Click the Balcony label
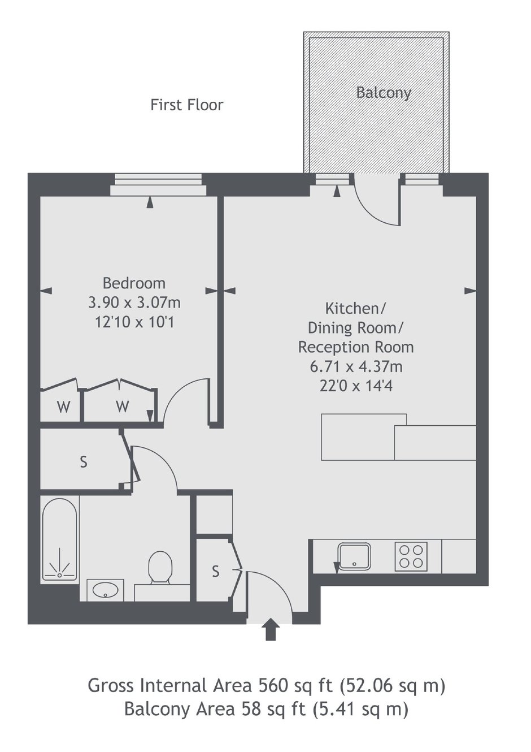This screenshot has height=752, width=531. pos(384,93)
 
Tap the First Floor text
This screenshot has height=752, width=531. pos(186,105)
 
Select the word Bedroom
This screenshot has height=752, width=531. pos(134,283)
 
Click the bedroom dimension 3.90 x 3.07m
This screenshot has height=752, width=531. pos(134,303)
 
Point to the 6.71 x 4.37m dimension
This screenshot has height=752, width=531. pos(356,366)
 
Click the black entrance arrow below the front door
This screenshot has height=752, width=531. pos(270,630)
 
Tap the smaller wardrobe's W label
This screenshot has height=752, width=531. pos(64,408)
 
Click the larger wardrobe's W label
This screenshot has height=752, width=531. pos(123,407)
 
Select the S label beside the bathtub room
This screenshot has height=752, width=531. pos(84,463)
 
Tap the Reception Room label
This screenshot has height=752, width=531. pos(356,347)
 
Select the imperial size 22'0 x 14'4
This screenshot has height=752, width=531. pos(356,386)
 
